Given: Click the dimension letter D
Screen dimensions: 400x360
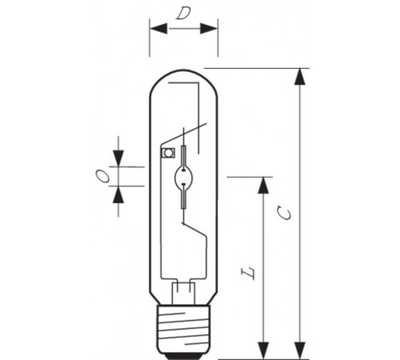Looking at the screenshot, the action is pos(183,14).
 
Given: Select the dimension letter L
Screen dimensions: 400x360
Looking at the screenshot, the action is pos(248,272).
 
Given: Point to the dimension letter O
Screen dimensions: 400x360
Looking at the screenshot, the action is pos(102,176).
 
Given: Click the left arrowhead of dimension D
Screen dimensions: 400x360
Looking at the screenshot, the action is pos(158,29).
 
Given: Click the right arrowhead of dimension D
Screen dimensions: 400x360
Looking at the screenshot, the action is pos(209,29).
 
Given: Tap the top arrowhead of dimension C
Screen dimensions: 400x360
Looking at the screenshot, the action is pos(300,77).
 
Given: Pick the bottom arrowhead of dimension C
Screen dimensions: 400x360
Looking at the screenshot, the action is pos(300,350).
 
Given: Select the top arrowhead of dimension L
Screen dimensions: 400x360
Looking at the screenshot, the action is pos(263,185).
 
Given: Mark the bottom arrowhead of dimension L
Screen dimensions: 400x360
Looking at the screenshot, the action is pos(263,350).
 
